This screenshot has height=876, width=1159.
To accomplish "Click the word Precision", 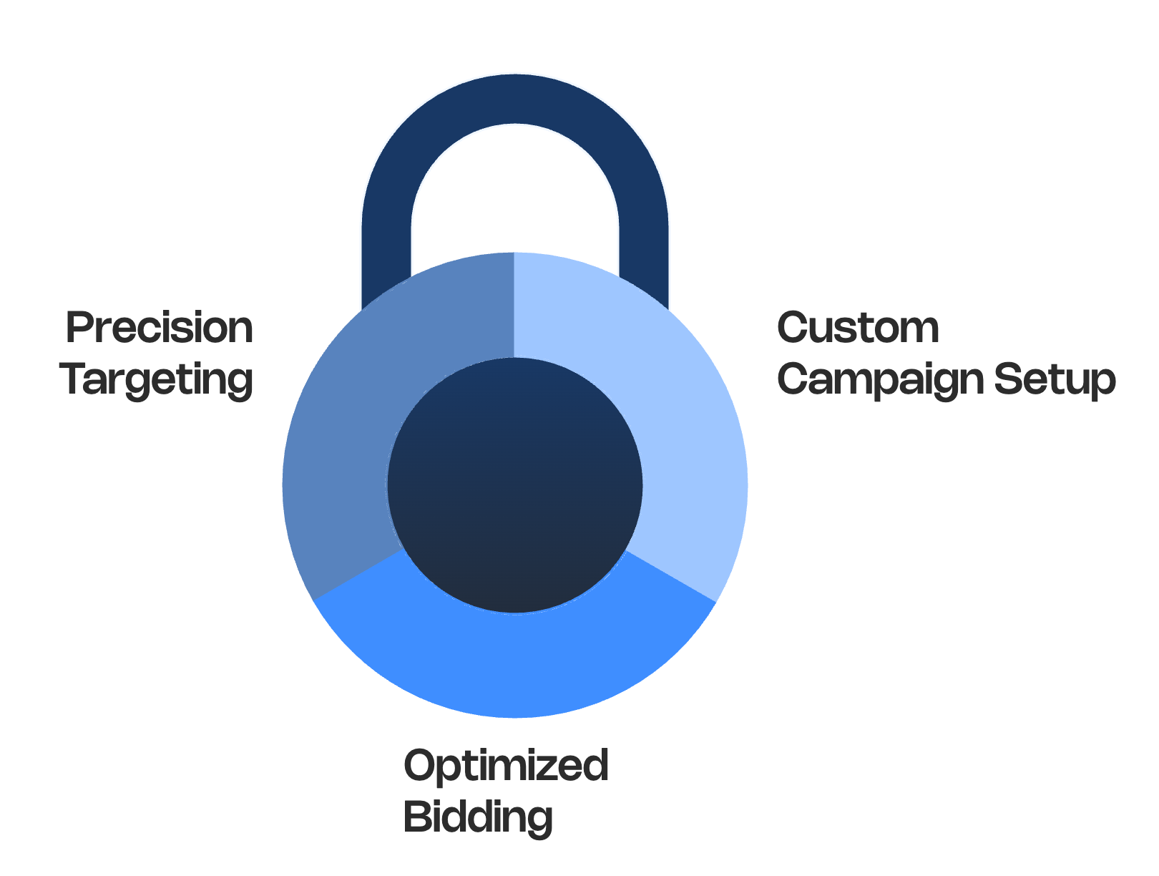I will pos(159,328).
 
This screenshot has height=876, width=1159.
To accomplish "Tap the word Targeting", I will pos(157,379).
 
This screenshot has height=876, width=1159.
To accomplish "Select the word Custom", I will pos(858,328).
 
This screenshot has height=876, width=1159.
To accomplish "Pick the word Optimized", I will pos(506,766).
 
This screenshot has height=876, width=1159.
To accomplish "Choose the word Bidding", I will pos(479,817).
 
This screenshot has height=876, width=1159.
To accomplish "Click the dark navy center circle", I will pos(515,485).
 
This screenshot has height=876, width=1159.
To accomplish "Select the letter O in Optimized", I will pos(420,764).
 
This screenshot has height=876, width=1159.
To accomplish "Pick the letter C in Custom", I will pos(793,328).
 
